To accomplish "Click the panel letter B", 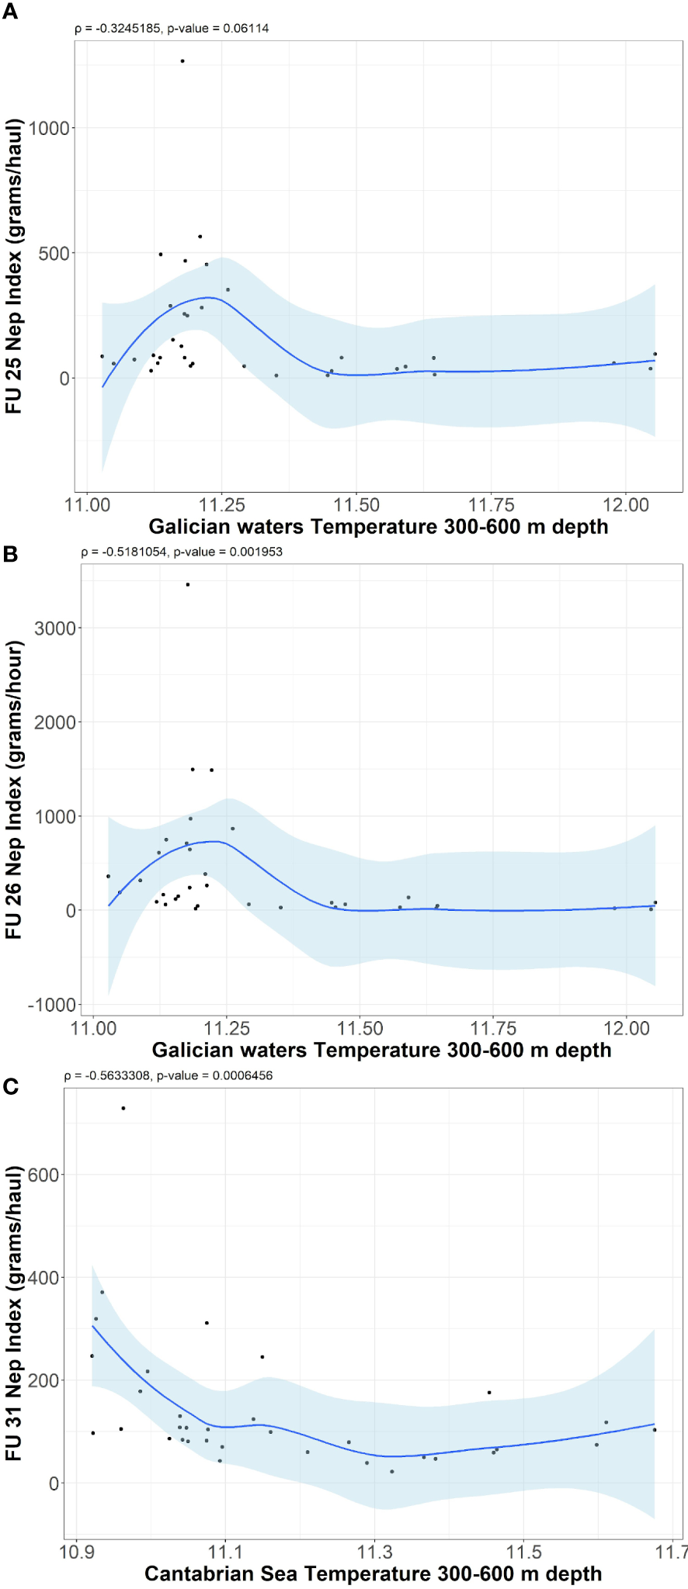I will point(10,553).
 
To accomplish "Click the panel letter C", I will point(10,1086).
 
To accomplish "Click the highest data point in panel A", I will point(182,61).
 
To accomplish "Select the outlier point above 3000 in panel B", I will point(188,584).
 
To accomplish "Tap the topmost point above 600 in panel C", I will point(123,1108).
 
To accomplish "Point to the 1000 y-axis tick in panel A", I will point(49,128).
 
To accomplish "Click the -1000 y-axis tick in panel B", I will point(52,1005).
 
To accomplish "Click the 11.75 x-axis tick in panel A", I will point(491,505).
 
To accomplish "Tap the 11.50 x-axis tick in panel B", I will point(360,1029).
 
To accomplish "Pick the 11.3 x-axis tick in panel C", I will point(374,1553).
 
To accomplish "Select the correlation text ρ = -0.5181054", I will point(124,552).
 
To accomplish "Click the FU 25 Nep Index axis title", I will point(13,266).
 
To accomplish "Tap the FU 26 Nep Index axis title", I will point(13,790).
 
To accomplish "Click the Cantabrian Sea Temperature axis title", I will point(373,1573).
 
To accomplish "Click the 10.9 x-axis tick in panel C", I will point(76,1553).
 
